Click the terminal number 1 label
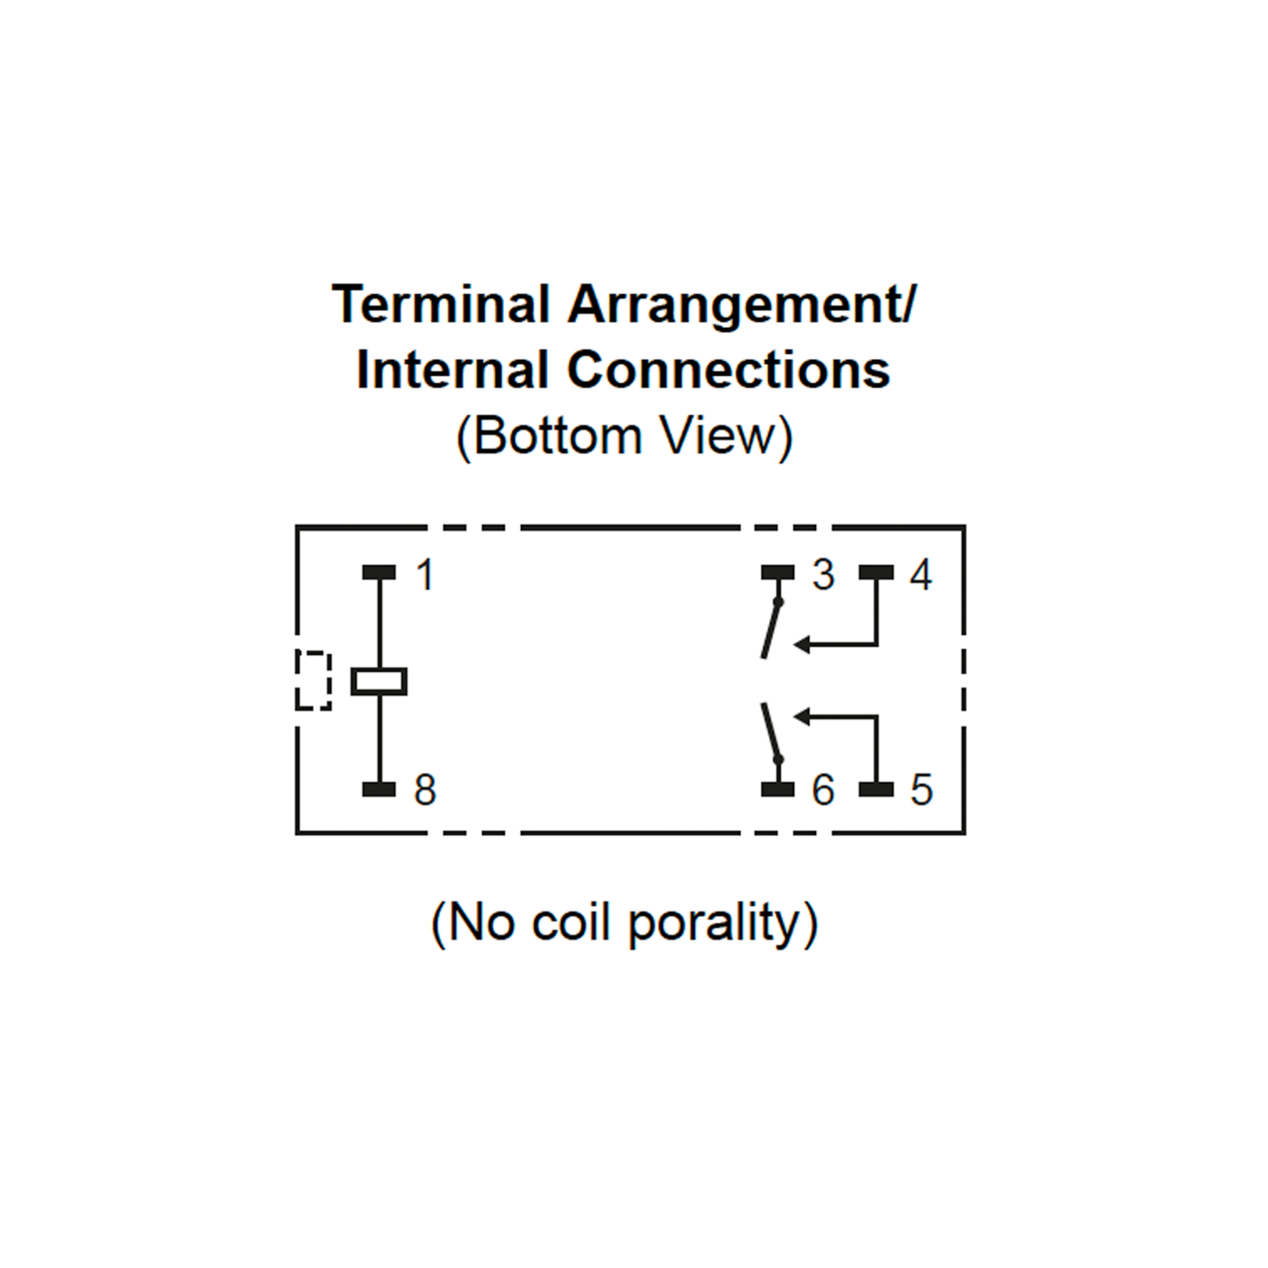coord(425,574)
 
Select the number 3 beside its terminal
coord(823,574)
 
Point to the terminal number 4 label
coord(921,574)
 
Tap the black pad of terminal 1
coord(379,572)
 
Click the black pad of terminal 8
coord(379,789)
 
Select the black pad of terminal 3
coord(778,572)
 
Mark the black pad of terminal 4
coord(876,572)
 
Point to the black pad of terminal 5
coord(876,789)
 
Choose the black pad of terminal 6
coord(778,789)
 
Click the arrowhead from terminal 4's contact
coord(802,645)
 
